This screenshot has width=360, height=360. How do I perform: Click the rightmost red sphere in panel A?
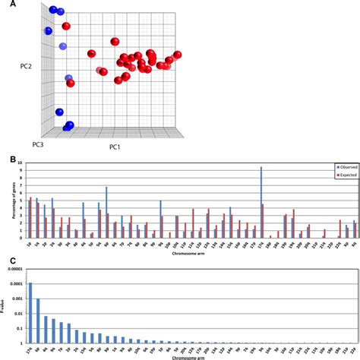pos(178,55)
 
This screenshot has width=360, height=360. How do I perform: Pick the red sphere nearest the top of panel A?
pos(67,27)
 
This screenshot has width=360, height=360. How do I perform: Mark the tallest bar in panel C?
pos(31,312)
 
